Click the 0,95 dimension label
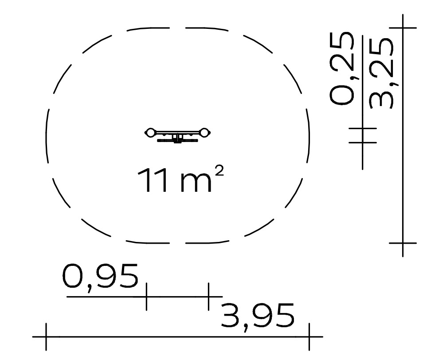(x=101, y=277)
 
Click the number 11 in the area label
(x=152, y=180)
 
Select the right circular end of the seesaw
(x=204, y=133)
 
